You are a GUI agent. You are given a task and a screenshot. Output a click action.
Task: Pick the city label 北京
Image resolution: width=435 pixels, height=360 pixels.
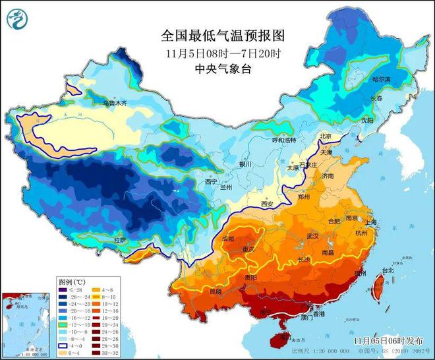tap(325, 136)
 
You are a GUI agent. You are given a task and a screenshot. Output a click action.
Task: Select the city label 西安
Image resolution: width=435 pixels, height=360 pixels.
tap(267, 204)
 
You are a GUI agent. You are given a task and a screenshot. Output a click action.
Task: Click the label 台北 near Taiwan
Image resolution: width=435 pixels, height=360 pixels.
tap(387, 270)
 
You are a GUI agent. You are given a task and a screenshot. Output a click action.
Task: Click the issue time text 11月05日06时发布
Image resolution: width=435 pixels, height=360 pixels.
tap(387, 341)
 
